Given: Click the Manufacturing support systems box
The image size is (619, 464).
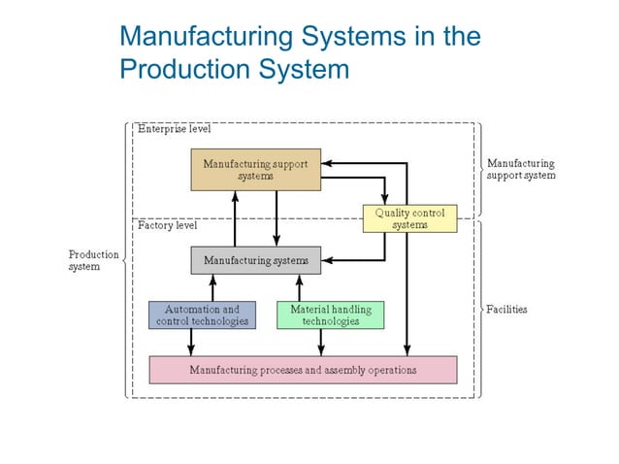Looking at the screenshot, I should [256, 170].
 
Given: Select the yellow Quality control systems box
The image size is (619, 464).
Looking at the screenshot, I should [408, 218].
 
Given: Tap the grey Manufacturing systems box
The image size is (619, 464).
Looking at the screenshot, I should [255, 260].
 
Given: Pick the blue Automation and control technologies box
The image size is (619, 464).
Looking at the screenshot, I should [202, 315].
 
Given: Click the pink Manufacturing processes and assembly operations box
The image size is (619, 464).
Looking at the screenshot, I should [302, 370].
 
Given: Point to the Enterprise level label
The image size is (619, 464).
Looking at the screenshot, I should [174, 129].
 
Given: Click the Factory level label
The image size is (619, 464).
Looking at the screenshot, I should [167, 225].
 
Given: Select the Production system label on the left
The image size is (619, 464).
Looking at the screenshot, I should [93, 260].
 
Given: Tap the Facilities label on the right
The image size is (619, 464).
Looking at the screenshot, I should [506, 310].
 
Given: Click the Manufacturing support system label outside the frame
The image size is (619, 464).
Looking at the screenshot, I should [521, 170].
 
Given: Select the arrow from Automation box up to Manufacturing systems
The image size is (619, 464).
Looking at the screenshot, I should [213, 287].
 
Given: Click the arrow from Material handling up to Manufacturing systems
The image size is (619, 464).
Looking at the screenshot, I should [299, 287].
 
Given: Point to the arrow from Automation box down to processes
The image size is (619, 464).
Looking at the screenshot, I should [191, 342].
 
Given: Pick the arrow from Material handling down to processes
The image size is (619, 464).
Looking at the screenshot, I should [321, 342].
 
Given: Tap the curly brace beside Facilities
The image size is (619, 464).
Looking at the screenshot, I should [478, 310].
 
